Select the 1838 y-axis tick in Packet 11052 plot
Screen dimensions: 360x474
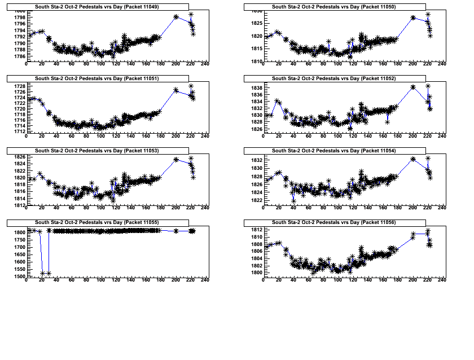256,89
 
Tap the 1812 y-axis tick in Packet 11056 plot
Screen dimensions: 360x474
256,230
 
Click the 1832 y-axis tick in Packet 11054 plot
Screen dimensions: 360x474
256,160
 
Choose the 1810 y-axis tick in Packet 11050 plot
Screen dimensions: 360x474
256,61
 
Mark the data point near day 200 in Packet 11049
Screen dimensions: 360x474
176,17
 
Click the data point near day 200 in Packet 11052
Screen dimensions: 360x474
413,87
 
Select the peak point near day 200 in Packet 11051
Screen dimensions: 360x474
176,90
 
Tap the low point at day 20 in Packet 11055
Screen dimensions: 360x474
42,274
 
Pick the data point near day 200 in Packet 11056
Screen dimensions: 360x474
413,237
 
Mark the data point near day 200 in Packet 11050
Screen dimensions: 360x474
413,17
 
